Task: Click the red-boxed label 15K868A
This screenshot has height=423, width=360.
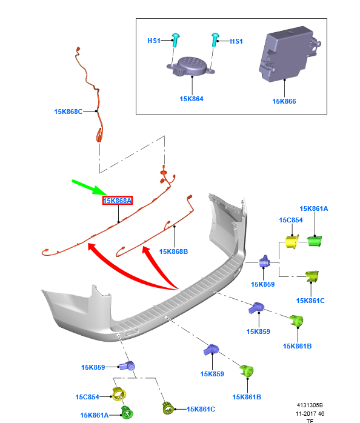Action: coord(118,201)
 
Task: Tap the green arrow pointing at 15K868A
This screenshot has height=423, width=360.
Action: coord(89,187)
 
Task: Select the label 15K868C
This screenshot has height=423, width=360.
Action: coord(68,112)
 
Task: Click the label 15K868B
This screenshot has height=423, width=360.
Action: coord(173,251)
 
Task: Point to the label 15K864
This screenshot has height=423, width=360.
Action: coord(192,99)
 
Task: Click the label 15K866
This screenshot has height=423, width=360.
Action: coord(284,101)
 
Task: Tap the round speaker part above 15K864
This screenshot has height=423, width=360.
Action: coord(191,67)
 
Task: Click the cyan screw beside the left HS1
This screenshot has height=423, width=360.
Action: coord(175,40)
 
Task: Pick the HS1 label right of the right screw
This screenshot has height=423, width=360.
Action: coord(236,41)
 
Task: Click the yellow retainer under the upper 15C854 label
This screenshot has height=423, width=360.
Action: coord(292,241)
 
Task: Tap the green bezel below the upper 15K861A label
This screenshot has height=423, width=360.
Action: coord(315,241)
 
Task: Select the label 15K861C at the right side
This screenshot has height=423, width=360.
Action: coord(310,301)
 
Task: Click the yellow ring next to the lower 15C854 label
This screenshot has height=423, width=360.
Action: coord(119,394)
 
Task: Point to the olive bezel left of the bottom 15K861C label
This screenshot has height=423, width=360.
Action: coord(168,408)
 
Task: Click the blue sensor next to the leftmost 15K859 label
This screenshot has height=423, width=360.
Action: coord(128,367)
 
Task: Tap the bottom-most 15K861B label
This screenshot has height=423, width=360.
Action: coord(247,397)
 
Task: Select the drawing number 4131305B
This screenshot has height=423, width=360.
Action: coord(310,405)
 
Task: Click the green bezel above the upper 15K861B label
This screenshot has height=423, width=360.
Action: coord(296,321)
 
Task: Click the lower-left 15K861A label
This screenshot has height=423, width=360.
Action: coord(94,415)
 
